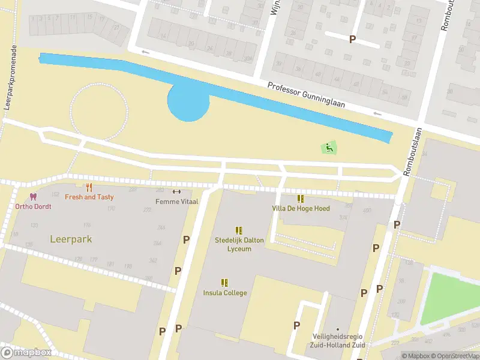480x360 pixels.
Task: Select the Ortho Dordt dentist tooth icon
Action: (x=33, y=197)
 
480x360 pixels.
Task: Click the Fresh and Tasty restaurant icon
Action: (x=89, y=188)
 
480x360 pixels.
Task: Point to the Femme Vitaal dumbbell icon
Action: (x=176, y=192)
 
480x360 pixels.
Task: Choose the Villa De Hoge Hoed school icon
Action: (x=301, y=199)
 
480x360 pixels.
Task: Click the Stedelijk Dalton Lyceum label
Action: (x=239, y=244)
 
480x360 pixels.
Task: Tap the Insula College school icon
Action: (x=225, y=283)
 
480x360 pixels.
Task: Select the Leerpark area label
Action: (x=71, y=239)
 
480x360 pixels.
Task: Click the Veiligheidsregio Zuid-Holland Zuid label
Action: (x=338, y=341)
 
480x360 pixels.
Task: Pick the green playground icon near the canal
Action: (x=328, y=147)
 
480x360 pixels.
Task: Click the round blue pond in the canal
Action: (x=188, y=101)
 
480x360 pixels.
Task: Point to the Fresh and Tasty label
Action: (x=89, y=197)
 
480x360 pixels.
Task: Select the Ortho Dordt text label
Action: (x=34, y=206)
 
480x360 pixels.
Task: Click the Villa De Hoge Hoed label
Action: (x=301, y=208)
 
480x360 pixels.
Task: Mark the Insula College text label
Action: (x=225, y=293)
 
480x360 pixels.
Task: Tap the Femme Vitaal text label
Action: (x=176, y=202)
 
